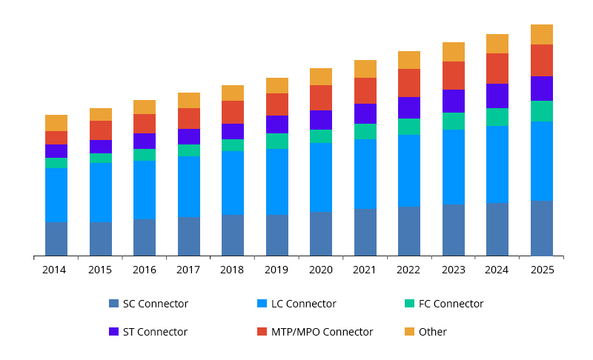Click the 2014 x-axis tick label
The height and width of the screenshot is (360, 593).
pos(54,270)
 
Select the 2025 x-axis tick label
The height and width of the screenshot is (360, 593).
pos(542,270)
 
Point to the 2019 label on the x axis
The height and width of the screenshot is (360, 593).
pos(276,270)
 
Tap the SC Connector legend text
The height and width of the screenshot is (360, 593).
pos(155,304)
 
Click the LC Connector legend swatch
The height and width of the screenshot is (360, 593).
pos(262,304)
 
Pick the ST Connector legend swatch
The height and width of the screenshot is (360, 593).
pos(113,332)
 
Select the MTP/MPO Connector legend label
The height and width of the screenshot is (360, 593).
pos(322,332)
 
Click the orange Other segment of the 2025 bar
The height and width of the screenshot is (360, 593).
pos(542,34)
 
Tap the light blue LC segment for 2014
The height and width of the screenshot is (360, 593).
pos(56,195)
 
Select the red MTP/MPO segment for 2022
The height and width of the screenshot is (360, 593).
pos(409,83)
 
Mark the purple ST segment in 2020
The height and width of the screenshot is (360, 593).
pos(321,120)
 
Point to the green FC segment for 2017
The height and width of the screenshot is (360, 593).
pos(189,150)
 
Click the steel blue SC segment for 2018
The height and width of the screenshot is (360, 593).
pos(233,235)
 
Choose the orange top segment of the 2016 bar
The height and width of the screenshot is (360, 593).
pos(145,107)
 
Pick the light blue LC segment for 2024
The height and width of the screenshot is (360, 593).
pos(497,164)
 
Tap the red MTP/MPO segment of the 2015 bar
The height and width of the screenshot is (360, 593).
pos(101,130)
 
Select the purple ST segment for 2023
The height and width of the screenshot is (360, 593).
pos(454,101)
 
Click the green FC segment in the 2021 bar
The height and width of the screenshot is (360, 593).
pos(365,131)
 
